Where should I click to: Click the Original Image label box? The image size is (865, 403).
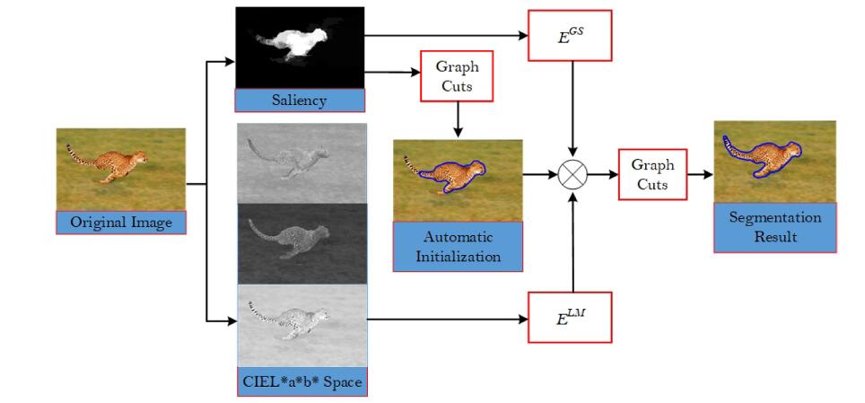120,222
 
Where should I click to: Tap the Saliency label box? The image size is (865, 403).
300,100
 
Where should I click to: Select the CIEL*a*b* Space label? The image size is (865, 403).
301,381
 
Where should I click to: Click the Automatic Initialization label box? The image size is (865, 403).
458,247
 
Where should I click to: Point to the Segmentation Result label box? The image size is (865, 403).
774,227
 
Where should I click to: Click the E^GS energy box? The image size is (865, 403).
570,36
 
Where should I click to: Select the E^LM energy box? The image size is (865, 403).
570,316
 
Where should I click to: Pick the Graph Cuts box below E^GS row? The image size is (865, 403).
457,76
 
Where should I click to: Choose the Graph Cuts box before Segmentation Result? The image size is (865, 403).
652,175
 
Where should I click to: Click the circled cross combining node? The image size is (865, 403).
572,174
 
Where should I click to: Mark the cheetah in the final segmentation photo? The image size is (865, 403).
767,157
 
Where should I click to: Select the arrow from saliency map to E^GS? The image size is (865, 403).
449,36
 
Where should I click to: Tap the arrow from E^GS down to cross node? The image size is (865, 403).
572,108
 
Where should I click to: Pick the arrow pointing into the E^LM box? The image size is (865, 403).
449,317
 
